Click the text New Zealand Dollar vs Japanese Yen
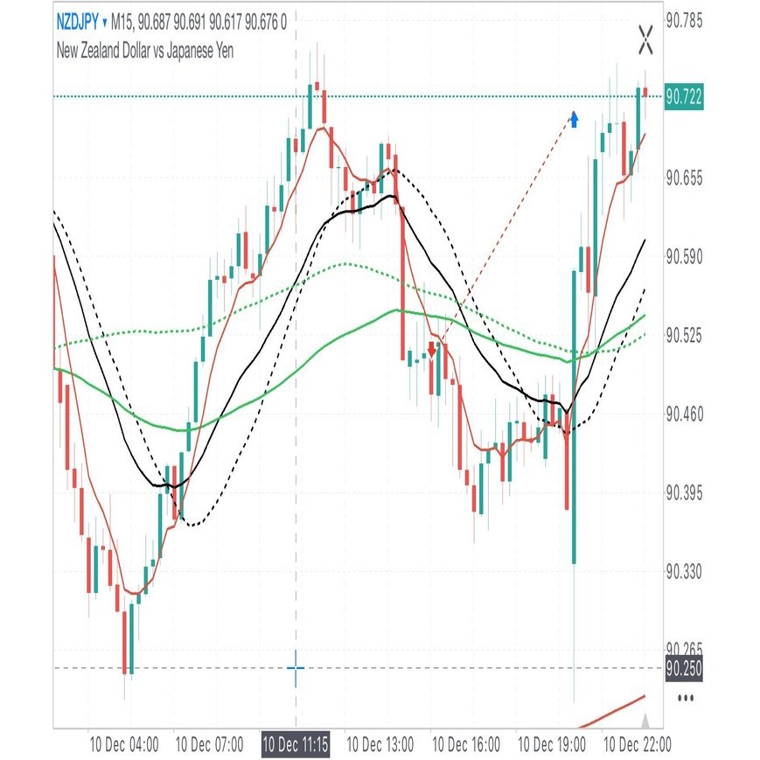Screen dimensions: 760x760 click(x=144, y=50)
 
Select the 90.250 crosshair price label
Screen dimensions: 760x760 click(x=684, y=668)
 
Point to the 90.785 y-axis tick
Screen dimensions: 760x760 click(x=684, y=20)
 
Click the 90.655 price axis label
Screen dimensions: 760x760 click(x=684, y=178)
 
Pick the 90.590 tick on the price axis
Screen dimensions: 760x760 click(x=684, y=256)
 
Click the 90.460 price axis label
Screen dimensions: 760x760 click(x=684, y=414)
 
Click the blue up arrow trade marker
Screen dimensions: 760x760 click(x=575, y=118)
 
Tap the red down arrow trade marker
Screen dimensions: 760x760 click(x=431, y=350)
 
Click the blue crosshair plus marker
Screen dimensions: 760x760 click(x=296, y=669)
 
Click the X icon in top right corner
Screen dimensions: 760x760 click(x=646, y=38)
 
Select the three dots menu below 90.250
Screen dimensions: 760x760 click(x=687, y=698)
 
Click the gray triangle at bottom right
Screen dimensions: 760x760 click(x=646, y=721)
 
